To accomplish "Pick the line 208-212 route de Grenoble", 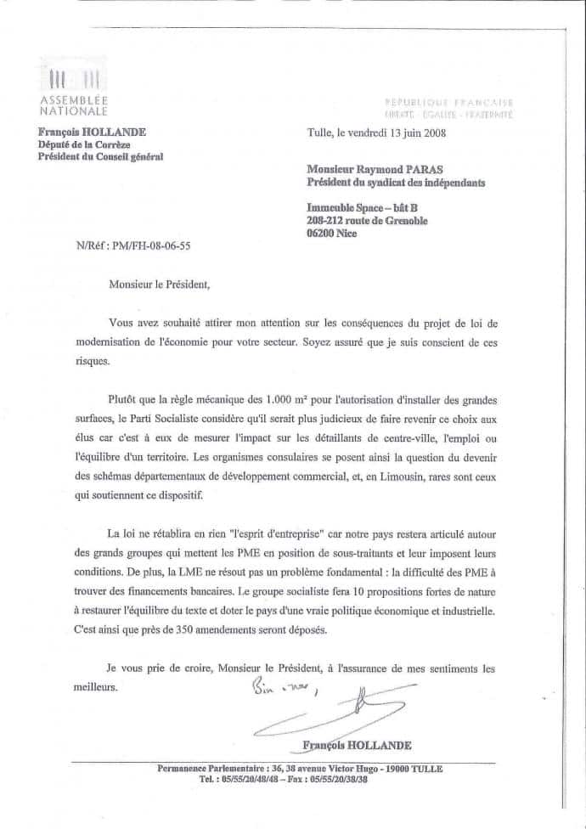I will coord(367,221).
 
